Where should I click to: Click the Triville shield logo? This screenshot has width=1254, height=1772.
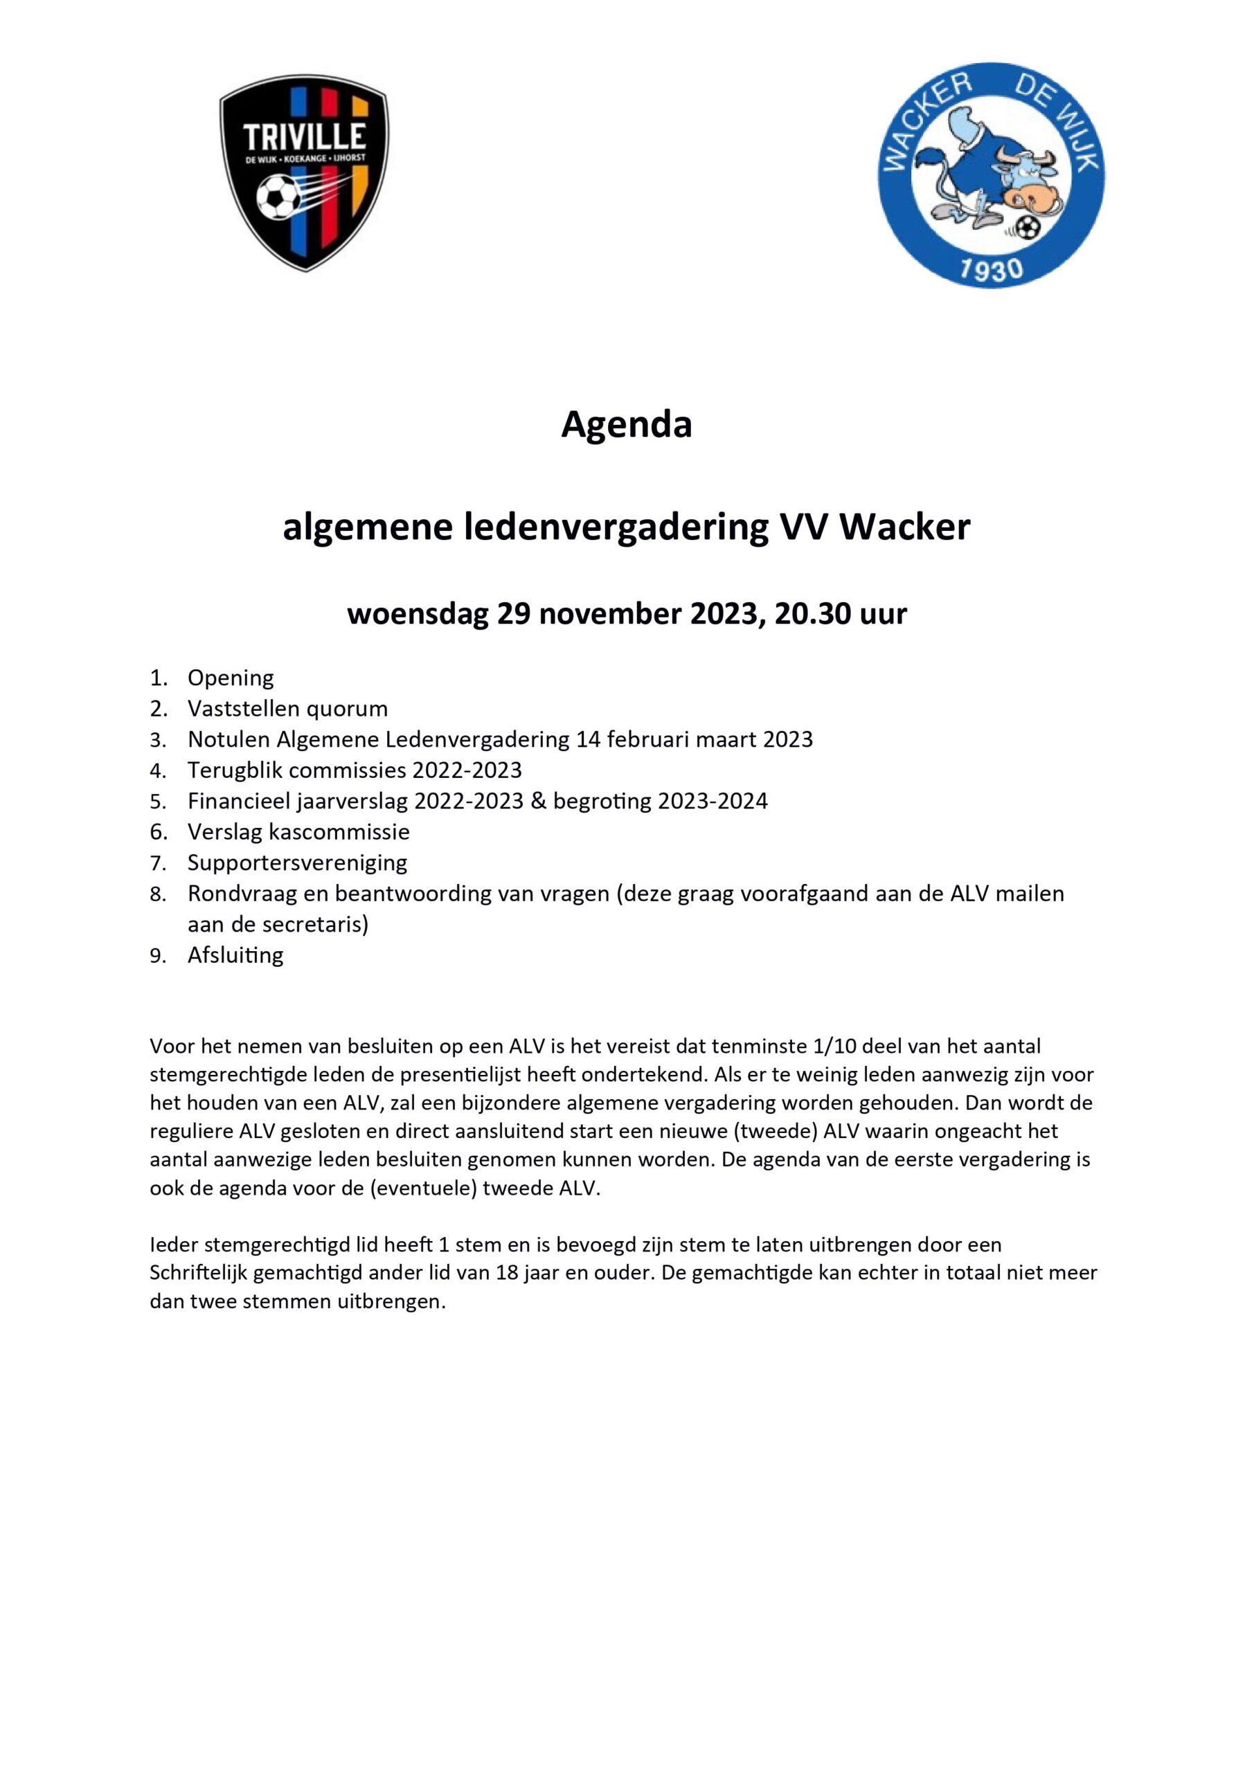303,172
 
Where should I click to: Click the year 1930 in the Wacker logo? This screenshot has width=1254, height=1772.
990,270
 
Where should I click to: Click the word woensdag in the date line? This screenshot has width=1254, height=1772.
417,615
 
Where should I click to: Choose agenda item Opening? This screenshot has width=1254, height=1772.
231,678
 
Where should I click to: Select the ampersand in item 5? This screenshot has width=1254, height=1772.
538,801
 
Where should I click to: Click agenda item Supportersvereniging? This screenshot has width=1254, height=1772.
297,863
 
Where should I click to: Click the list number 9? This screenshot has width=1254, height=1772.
157,956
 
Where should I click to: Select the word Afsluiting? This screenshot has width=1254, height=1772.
235,955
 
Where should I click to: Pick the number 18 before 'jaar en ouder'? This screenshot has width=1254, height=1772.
507,1273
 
